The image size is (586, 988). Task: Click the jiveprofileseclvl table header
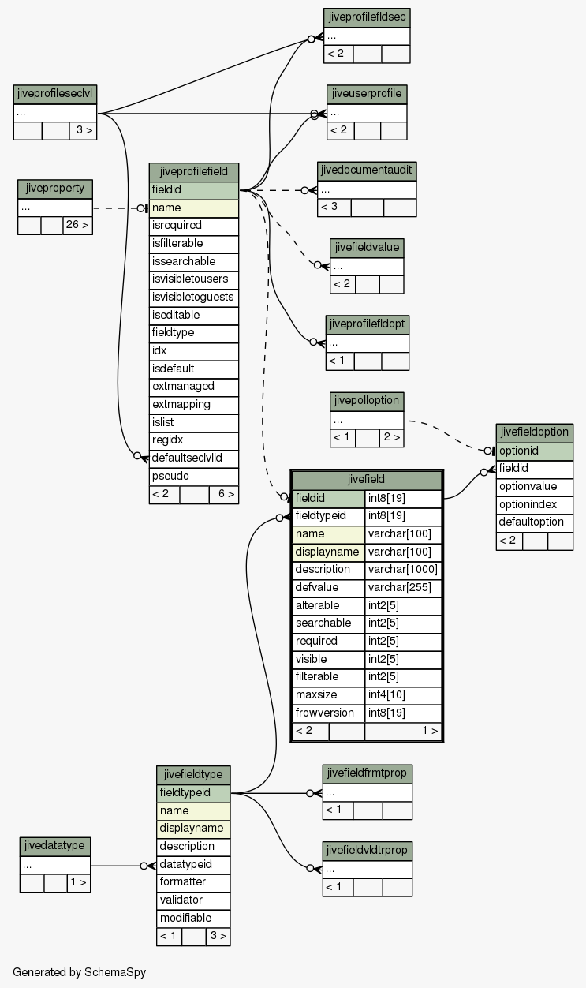pos(55,95)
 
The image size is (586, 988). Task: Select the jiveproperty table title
pos(55,189)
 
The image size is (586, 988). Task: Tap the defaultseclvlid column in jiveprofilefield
pos(194,458)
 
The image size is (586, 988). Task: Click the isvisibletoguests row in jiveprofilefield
pos(194,298)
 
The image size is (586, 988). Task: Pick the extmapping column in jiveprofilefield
pos(194,405)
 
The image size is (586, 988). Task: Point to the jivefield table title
pos(367,480)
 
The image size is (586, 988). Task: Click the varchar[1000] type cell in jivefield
pos(403,570)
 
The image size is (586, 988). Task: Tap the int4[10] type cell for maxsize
pos(403,695)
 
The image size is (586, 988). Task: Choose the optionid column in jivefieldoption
pos(535,451)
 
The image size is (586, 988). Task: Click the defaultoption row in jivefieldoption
pos(535,522)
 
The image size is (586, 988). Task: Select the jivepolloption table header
pos(367,402)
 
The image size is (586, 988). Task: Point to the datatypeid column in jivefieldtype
pos(193,865)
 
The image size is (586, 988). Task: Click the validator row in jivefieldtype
pos(193,900)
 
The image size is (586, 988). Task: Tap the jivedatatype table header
pos(55,847)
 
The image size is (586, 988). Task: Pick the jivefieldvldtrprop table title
pos(368,851)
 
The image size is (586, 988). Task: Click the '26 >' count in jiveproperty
pos(77,226)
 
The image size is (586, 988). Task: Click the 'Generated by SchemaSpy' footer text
pos(80,972)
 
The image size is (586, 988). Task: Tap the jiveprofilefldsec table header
pos(367,17)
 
